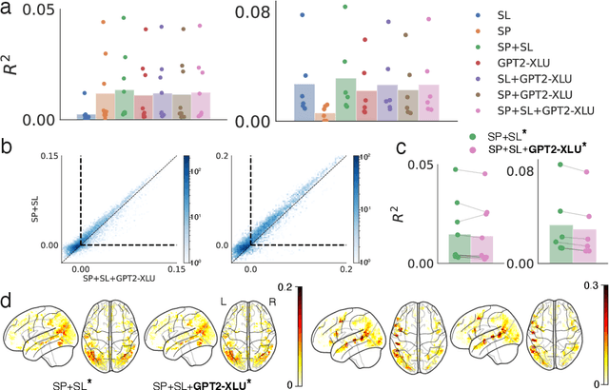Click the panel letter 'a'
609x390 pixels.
(x=7, y=9)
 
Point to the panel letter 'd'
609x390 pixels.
(x=7, y=275)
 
